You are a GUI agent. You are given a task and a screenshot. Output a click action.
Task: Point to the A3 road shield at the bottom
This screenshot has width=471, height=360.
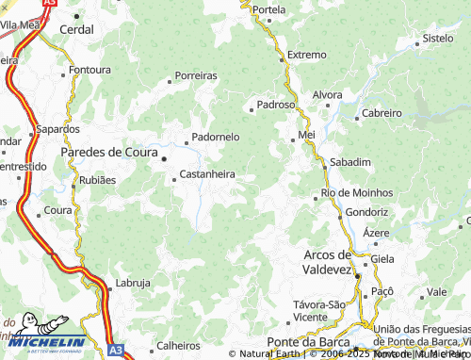pyautogui.click(x=115, y=350)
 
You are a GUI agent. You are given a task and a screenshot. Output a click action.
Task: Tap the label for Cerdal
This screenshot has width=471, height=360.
pyautogui.click(x=76, y=30)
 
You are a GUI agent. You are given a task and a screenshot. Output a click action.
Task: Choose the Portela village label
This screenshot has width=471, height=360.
pyautogui.click(x=268, y=9)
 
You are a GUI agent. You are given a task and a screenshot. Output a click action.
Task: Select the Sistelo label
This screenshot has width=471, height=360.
pyautogui.click(x=438, y=39)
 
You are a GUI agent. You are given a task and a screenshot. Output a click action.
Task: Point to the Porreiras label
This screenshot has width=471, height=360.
pyautogui.click(x=196, y=75)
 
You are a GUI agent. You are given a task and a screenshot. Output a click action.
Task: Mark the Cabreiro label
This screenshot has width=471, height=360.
pyautogui.click(x=382, y=113)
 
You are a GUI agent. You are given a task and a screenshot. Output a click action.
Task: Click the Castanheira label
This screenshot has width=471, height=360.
pyautogui.click(x=206, y=174)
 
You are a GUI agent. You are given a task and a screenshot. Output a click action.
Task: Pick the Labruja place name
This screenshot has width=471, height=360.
pyautogui.click(x=132, y=283)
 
